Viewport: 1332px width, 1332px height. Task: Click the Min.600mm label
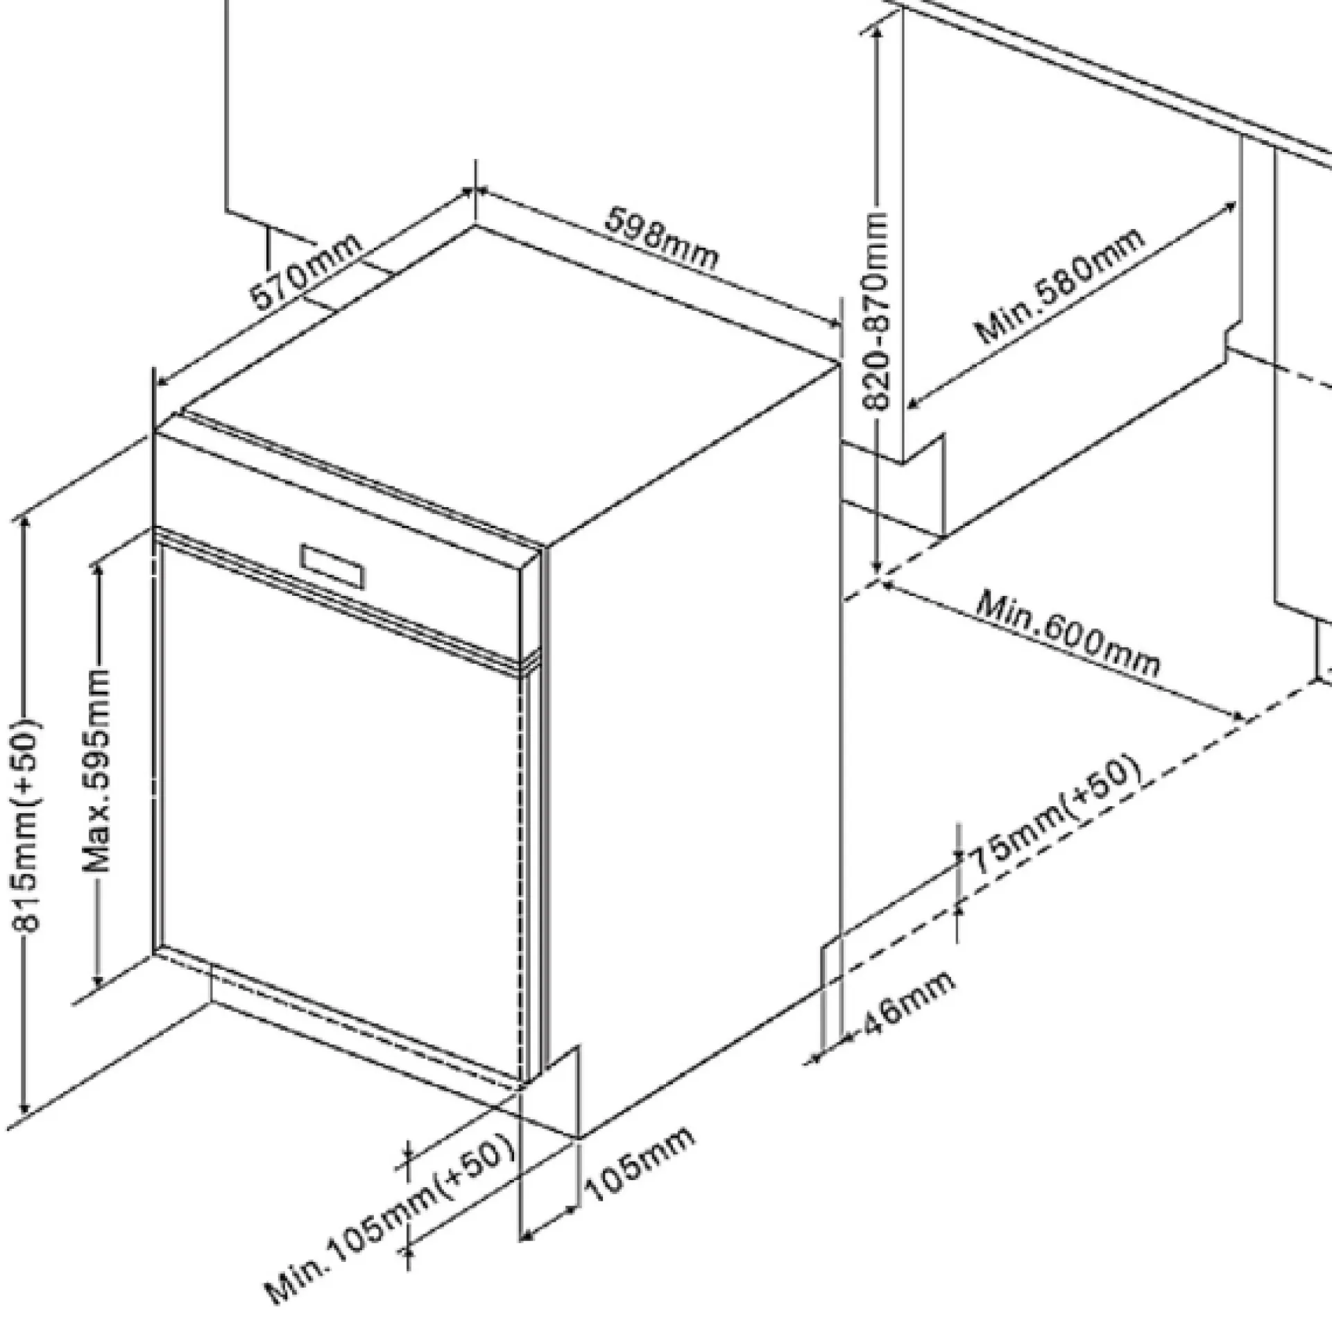click(1068, 633)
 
